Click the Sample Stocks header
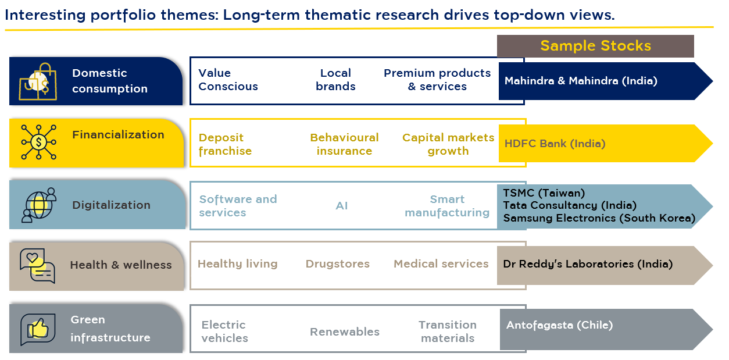[595, 46]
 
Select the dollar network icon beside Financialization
[38, 141]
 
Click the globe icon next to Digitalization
[38, 205]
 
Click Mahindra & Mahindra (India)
[581, 81]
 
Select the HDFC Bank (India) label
[555, 143]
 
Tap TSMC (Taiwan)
[544, 193]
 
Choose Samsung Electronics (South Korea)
[599, 218]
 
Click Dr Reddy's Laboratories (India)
[587, 264]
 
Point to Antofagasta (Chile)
[559, 325]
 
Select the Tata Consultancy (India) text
[569, 205]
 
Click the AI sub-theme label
[342, 206]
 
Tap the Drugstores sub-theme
[337, 263]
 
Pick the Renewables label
[344, 332]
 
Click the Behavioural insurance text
[344, 144]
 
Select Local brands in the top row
[335, 80]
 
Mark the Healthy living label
[237, 263]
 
